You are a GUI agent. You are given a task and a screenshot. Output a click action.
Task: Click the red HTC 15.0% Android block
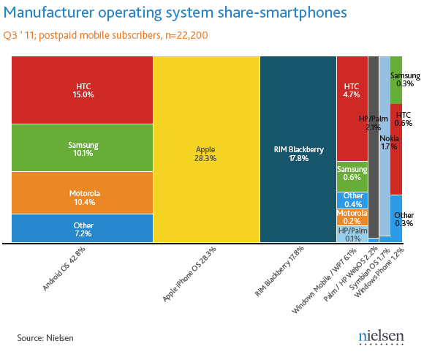[82, 89]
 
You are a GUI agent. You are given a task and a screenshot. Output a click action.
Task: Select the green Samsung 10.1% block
[82, 148]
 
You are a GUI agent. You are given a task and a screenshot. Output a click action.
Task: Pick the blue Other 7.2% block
[82, 228]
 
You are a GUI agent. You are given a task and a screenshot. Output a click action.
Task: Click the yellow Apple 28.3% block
[206, 149]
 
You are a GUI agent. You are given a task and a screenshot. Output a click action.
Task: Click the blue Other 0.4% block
[352, 200]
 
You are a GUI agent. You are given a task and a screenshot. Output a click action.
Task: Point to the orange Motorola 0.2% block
[352, 217]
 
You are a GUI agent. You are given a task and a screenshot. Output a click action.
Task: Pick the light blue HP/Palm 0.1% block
[352, 233]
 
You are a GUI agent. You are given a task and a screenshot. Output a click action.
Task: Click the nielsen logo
[381, 337]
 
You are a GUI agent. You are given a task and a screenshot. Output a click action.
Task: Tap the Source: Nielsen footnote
[45, 337]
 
